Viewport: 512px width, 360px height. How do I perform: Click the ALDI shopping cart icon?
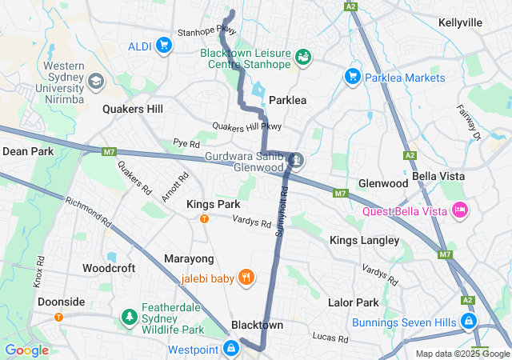tap(164, 45)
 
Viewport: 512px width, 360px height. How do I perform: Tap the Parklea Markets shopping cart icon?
tap(351, 77)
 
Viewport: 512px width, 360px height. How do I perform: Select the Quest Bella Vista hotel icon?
tap(460, 210)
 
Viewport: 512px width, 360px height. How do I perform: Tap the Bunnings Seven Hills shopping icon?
tap(468, 322)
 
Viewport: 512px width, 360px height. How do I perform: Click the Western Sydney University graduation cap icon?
tap(96, 82)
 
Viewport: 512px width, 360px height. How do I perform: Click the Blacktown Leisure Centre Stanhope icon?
tap(302, 57)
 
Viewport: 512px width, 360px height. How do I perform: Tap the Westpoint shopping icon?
tap(231, 349)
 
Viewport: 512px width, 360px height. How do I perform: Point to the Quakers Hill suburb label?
tap(133, 109)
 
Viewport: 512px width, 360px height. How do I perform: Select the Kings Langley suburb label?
tap(364, 240)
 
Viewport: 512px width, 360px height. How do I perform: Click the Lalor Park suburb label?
tap(353, 302)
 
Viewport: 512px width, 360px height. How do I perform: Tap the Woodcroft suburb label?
tap(109, 268)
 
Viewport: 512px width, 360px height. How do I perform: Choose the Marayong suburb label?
tap(189, 259)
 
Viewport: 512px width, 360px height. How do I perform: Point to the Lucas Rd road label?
tap(330, 338)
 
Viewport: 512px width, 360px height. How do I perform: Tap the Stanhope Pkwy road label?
tap(206, 32)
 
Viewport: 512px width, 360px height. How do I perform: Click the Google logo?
tap(27, 350)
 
